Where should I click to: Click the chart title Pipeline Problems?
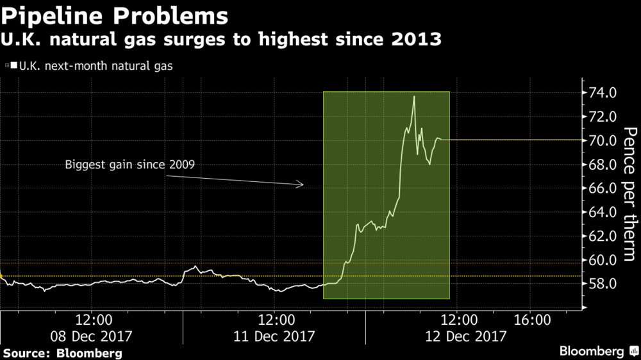tap(115, 15)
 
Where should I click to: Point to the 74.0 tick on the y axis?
tap(602, 93)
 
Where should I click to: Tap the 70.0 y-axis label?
tap(602, 140)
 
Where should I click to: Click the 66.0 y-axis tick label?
tap(602, 188)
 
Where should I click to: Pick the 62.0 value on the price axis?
tap(602, 236)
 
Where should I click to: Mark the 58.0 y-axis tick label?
tap(602, 284)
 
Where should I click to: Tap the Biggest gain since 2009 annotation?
tap(129, 165)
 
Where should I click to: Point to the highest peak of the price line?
tap(414, 97)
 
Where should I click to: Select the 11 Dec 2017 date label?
tap(276, 336)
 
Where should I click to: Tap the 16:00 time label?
tap(532, 319)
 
